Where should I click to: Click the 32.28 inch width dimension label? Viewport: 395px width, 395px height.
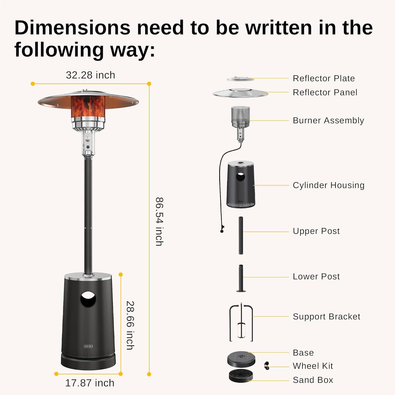[x=90, y=75]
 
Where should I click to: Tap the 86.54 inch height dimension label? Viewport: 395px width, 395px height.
[x=159, y=221]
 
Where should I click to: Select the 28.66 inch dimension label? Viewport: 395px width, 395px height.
[x=130, y=325]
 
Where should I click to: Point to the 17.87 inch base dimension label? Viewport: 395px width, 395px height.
[x=90, y=383]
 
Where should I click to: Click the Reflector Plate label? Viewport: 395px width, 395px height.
[x=324, y=78]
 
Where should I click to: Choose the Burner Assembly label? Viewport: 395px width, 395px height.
[x=328, y=120]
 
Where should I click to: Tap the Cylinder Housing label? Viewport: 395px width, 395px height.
[x=329, y=185]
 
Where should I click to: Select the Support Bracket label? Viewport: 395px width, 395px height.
[x=326, y=317]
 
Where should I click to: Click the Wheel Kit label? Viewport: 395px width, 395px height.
[x=313, y=366]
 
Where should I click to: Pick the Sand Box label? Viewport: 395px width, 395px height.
[x=313, y=380]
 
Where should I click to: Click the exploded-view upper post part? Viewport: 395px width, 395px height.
[x=241, y=235]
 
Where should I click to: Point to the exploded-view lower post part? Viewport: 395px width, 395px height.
[x=241, y=278]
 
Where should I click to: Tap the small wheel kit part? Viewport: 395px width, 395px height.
[x=267, y=366]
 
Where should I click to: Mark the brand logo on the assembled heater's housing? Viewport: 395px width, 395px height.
[x=88, y=346]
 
